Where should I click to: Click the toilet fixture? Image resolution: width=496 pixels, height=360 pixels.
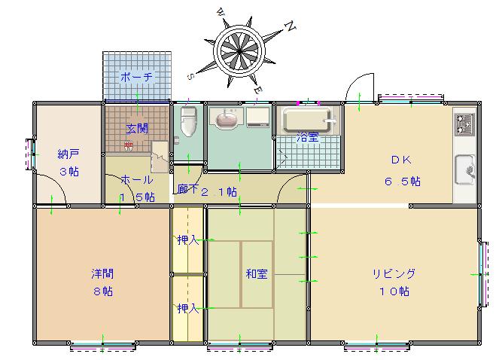click(188, 121)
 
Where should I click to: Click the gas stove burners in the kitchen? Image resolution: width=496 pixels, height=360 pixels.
click(464, 124)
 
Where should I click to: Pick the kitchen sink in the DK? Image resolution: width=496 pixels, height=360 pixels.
click(465, 169)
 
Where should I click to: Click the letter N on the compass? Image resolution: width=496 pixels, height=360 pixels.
click(291, 26)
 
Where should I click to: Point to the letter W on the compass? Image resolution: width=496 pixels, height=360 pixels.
click(221, 13)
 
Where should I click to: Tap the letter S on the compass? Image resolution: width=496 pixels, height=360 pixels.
click(190, 77)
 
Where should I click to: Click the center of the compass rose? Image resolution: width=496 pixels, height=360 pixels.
click(239, 51)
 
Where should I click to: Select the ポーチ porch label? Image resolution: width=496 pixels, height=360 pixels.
click(136, 77)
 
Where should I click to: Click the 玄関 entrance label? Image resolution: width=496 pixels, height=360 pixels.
click(137, 129)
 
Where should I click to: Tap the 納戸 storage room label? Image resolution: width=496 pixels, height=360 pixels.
click(68, 154)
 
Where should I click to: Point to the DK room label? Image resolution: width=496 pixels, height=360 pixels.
click(401, 160)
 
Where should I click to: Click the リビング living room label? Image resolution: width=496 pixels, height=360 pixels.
click(394, 273)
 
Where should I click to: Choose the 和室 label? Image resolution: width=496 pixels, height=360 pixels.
click(257, 274)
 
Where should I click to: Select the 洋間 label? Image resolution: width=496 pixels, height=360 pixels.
click(102, 273)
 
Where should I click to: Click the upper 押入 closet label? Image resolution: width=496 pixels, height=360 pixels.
click(188, 240)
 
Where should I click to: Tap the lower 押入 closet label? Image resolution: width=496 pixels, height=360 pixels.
click(188, 308)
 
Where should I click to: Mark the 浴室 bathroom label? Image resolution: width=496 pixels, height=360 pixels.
click(308, 137)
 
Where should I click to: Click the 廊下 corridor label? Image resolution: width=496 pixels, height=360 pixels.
click(188, 189)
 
